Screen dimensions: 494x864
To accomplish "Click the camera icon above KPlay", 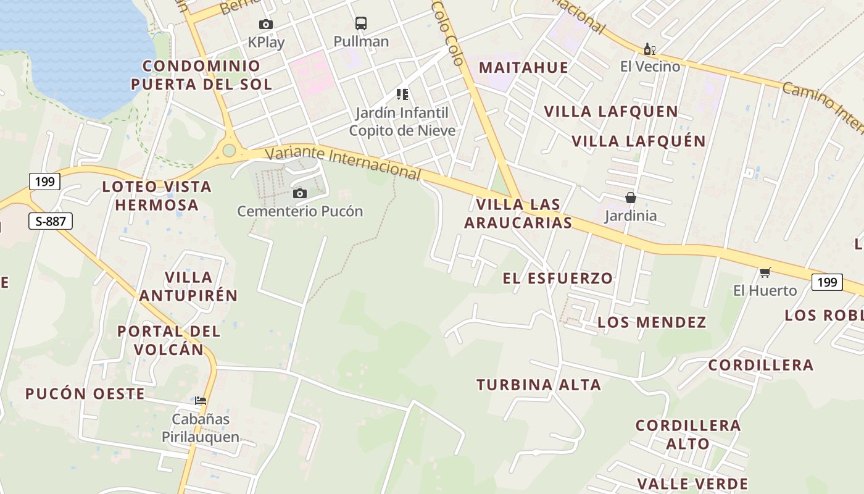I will click(x=266, y=25).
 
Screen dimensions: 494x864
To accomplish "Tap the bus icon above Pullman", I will click(x=361, y=24).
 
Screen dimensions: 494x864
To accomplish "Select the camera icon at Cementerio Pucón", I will click(x=300, y=194).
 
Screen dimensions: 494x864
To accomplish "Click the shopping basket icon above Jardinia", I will click(x=631, y=198).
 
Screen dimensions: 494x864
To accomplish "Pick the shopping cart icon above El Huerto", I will click(x=765, y=272).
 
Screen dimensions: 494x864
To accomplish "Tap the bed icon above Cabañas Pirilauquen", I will click(x=201, y=401).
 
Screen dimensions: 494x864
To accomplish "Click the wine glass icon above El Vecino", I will click(x=650, y=49).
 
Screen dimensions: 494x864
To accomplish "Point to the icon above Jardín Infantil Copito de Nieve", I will click(x=402, y=94).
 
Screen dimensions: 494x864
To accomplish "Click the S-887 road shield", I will click(x=51, y=221).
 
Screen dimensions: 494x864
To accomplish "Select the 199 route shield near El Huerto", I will click(x=827, y=282).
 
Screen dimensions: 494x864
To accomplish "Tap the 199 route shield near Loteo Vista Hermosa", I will click(x=44, y=182).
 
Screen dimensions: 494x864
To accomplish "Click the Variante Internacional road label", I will click(x=343, y=162).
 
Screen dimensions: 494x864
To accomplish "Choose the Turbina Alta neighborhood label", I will click(x=539, y=385).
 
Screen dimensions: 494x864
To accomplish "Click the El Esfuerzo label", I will click(x=558, y=278).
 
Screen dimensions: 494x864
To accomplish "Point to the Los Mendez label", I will click(x=652, y=322).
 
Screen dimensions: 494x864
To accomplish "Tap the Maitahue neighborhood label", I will click(x=523, y=67).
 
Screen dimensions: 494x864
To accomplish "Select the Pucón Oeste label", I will click(x=85, y=394).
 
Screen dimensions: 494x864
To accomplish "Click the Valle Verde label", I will click(x=692, y=484).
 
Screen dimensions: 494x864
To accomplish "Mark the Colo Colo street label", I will click(x=448, y=32).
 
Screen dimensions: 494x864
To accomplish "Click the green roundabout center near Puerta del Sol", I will click(x=230, y=150).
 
